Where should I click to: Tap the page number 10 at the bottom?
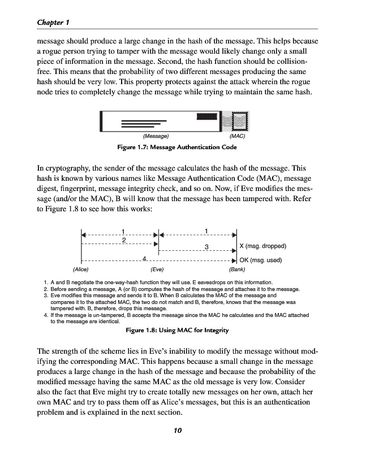click(x=178, y=431)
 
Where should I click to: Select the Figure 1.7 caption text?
click(x=184, y=147)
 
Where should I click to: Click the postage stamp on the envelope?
click(x=240, y=121)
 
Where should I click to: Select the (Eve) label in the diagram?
click(x=157, y=269)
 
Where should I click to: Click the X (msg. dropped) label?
click(x=264, y=246)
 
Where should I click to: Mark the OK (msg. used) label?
click(x=261, y=260)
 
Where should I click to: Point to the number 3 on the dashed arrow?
click(x=207, y=247)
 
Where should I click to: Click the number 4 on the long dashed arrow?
click(x=145, y=259)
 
